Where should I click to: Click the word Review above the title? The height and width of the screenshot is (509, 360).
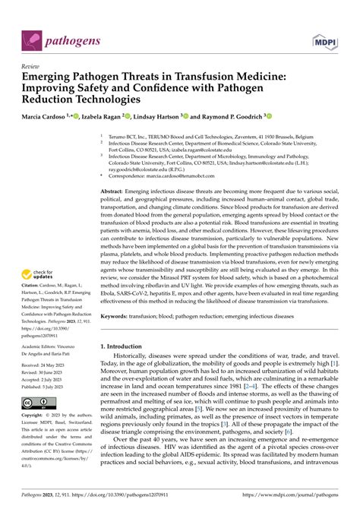(x=31, y=66)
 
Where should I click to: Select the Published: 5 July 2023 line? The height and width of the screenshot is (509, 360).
(x=48, y=386)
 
